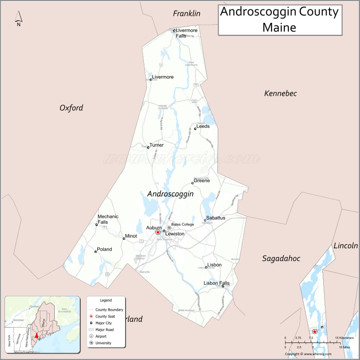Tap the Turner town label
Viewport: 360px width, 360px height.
point(156,145)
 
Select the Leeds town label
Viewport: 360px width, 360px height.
point(203,126)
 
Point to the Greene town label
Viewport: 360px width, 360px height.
point(201,181)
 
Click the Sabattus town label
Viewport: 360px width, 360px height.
point(216,218)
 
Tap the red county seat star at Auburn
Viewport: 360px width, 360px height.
point(158,232)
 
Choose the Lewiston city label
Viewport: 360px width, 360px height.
point(174,234)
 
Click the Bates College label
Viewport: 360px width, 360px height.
point(182,224)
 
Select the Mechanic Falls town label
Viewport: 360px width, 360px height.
point(108,219)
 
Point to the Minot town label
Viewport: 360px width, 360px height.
point(131,236)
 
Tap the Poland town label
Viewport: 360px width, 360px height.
point(104,249)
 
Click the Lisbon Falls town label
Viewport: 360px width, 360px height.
point(217,283)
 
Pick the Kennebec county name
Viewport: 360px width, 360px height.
point(280,93)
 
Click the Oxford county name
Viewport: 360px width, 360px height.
point(71,108)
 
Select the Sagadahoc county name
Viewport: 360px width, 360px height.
point(281,258)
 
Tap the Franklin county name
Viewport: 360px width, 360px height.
point(187,13)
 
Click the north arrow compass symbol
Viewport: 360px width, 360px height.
point(19,19)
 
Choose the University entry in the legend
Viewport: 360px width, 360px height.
point(103,343)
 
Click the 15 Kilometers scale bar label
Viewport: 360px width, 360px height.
point(344,338)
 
